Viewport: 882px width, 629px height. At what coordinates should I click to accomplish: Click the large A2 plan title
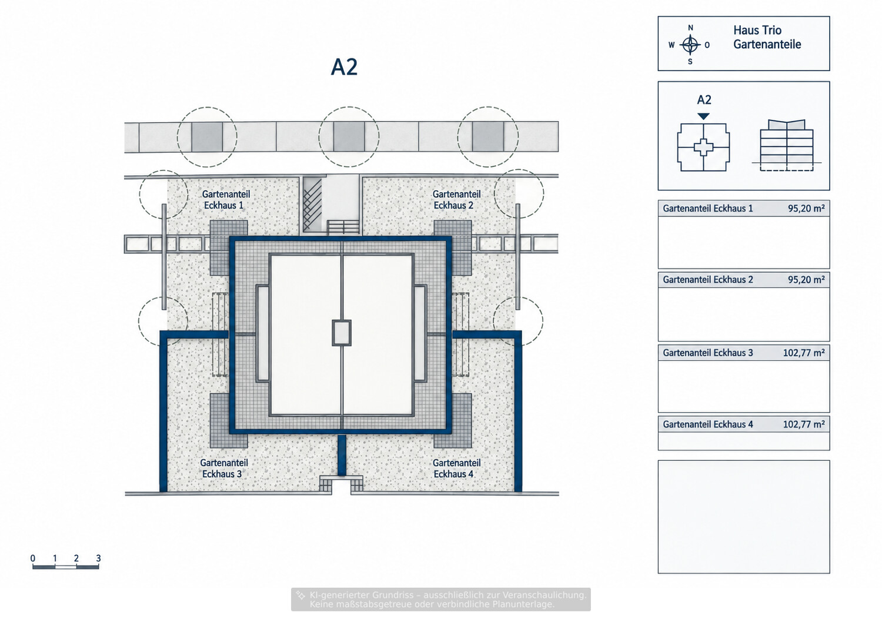coord(344,67)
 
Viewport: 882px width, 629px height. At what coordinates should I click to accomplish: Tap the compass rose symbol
coord(690,45)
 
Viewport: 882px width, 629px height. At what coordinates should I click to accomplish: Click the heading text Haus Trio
coord(757,31)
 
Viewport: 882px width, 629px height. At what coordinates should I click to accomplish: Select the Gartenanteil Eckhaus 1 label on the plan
coord(226,199)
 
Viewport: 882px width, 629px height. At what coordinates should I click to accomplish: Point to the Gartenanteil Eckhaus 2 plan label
coord(456,199)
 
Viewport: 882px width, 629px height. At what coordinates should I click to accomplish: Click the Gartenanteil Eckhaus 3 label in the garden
coord(223,469)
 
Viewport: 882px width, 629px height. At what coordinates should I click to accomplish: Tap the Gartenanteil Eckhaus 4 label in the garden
coord(456,469)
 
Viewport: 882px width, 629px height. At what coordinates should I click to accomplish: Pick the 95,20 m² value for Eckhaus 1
coord(806,208)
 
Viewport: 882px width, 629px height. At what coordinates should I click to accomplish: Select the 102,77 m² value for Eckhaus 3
coord(804,353)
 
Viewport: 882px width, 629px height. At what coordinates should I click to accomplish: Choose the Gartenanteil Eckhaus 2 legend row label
coord(707,279)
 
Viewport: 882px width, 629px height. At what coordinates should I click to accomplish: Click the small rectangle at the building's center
coord(342,333)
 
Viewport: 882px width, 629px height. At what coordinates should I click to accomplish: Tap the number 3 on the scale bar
coord(98,558)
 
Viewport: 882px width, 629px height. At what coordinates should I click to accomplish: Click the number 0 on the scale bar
coord(33,558)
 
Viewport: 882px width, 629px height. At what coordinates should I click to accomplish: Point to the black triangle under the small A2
coord(703,116)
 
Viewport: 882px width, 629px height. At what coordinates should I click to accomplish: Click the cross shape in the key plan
coord(703,148)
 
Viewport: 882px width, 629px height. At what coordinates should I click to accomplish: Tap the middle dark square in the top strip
coord(349,136)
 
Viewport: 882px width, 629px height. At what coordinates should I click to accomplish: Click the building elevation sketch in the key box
coord(786,145)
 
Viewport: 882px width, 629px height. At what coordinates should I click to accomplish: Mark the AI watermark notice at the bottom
coord(441,600)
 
